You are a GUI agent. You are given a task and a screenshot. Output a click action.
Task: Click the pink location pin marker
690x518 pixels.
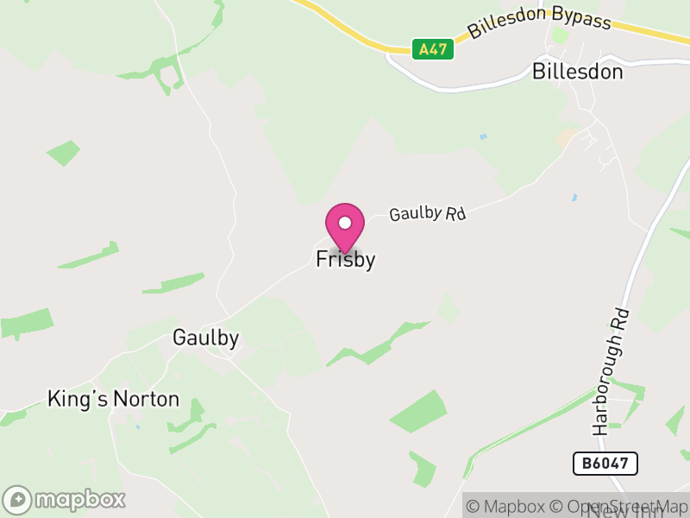[x=345, y=226]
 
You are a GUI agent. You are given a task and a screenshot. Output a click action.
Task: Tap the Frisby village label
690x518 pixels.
[x=345, y=259]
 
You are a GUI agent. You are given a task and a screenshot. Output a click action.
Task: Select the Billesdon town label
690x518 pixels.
[x=577, y=72]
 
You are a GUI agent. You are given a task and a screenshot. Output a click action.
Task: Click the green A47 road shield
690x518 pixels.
[x=432, y=49]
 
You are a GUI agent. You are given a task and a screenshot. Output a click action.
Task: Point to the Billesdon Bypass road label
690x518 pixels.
[x=539, y=26]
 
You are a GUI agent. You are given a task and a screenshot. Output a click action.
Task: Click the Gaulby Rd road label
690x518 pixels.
[x=427, y=213]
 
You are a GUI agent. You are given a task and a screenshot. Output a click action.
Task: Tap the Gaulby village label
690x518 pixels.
[x=205, y=338]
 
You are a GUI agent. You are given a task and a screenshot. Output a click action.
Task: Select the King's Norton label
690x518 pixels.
[x=113, y=399]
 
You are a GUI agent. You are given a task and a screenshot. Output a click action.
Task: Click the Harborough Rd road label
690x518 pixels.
[x=612, y=371]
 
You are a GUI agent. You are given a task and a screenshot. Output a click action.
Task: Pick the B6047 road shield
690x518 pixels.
[x=605, y=464]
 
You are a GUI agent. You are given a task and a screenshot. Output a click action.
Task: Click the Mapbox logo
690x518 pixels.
[x=65, y=499]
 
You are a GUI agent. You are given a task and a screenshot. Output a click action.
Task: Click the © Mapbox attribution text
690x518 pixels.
[x=512, y=507]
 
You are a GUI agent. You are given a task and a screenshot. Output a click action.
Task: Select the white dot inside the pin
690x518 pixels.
[x=345, y=223]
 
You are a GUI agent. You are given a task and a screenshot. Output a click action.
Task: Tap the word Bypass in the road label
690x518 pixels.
[x=581, y=20]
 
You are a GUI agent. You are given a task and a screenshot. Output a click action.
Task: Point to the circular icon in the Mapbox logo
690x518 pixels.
[x=18, y=500]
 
